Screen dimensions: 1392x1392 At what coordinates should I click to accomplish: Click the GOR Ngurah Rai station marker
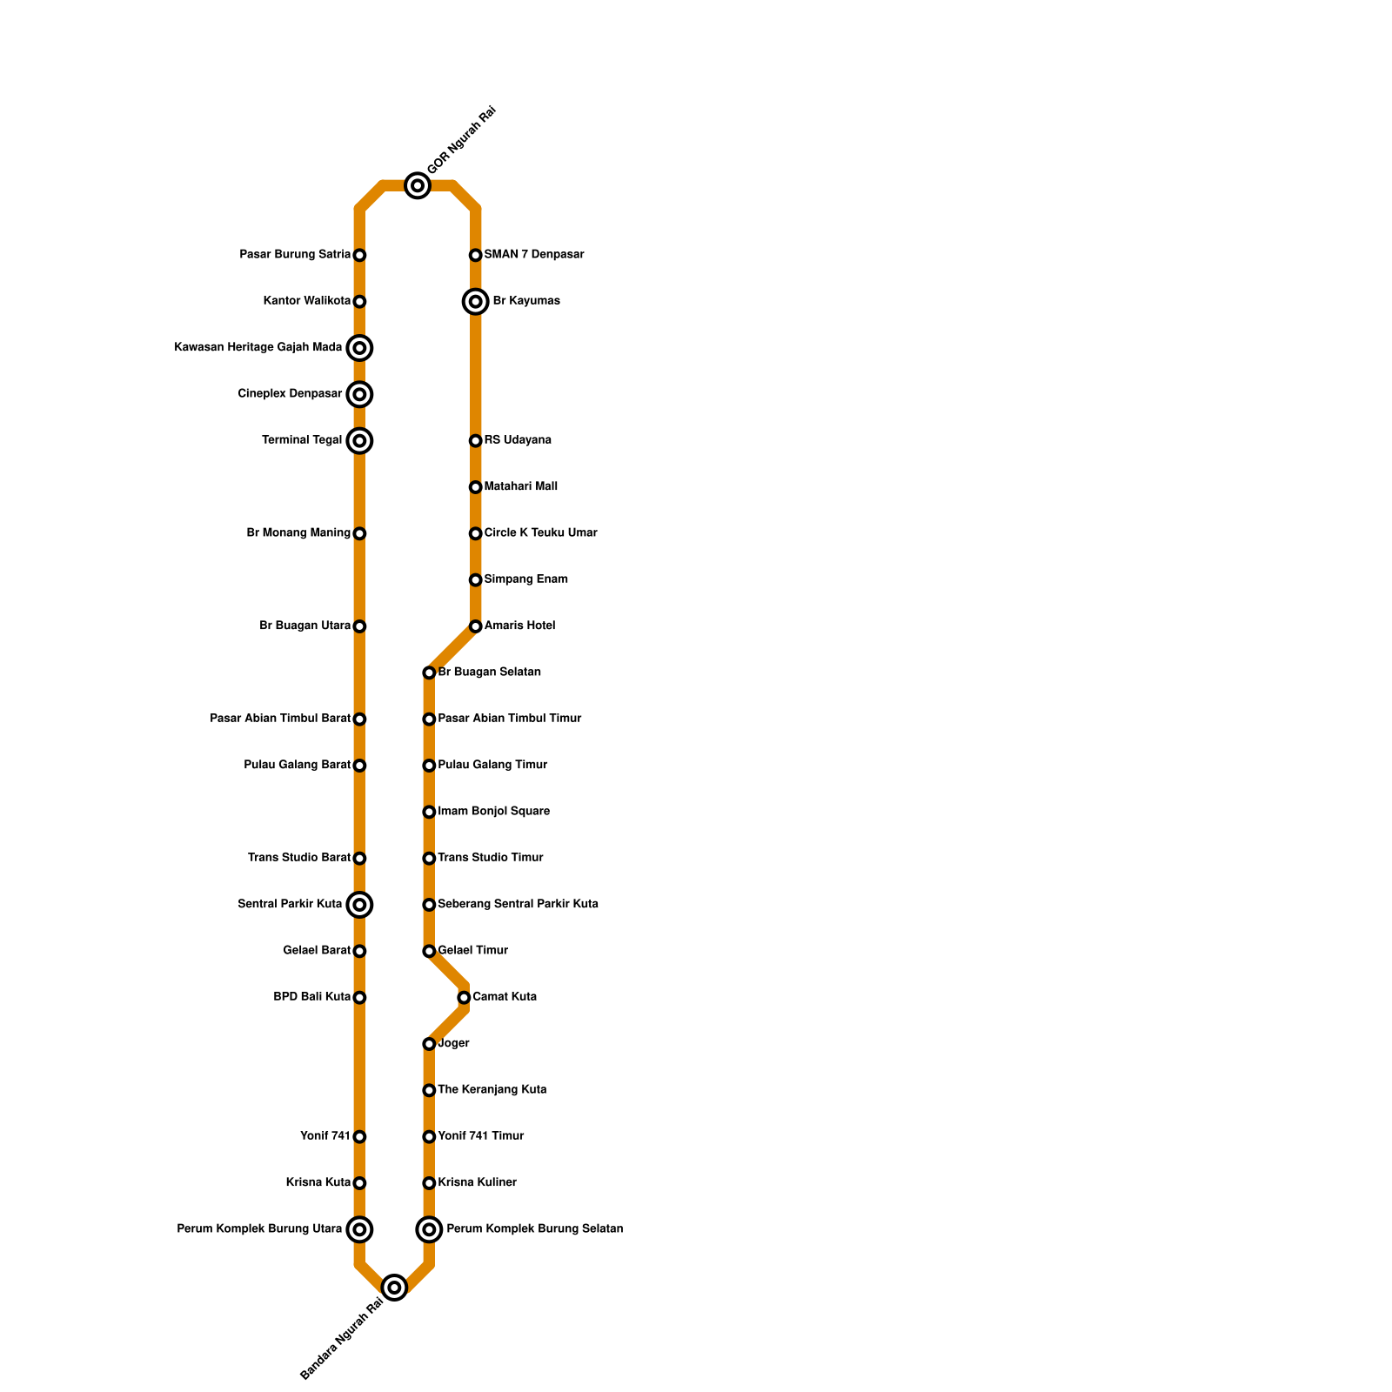click(x=418, y=185)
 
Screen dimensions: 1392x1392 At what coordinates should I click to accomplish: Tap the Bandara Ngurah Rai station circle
click(x=395, y=1287)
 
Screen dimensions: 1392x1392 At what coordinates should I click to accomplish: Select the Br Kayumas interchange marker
click(x=475, y=302)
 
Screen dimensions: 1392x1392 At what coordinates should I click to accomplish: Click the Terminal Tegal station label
click(x=302, y=440)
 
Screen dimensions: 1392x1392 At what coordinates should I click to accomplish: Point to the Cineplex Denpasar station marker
click(x=359, y=394)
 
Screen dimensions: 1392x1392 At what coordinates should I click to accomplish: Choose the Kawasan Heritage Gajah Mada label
click(x=258, y=348)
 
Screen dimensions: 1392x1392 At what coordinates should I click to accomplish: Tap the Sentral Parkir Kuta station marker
click(x=359, y=905)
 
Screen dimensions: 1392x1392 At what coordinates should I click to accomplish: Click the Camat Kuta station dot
click(x=464, y=997)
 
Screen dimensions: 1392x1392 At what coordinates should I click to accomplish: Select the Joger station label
click(x=454, y=1043)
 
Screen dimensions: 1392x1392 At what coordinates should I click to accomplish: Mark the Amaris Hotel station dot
click(x=475, y=626)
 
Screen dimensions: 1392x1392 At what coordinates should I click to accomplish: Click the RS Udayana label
click(x=518, y=440)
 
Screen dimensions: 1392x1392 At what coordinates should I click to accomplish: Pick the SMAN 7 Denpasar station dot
click(x=475, y=255)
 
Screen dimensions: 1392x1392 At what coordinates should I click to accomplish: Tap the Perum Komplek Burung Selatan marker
click(x=429, y=1229)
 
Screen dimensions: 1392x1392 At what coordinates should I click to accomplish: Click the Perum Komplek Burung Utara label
click(x=259, y=1229)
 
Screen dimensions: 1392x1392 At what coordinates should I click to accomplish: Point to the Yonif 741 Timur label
click(x=481, y=1136)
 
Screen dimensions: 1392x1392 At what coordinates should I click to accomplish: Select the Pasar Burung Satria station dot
click(x=359, y=255)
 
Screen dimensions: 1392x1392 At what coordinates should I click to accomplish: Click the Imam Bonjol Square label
click(x=493, y=812)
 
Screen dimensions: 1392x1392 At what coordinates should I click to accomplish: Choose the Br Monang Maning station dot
click(x=359, y=533)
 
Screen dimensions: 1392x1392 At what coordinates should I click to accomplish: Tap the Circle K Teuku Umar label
click(x=540, y=533)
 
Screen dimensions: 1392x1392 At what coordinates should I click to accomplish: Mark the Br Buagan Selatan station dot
click(x=429, y=673)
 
